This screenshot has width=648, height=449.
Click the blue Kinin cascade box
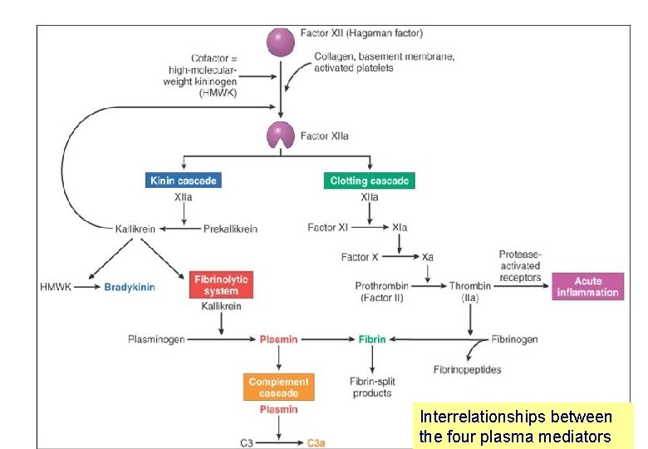point(184,180)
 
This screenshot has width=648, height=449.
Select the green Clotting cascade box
point(369,180)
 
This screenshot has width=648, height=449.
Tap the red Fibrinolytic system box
point(220,285)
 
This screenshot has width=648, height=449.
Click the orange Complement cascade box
point(278,387)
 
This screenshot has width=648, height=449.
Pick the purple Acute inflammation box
point(587,286)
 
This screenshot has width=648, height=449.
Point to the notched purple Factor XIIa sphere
point(280,136)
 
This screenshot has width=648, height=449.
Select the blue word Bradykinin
point(130,288)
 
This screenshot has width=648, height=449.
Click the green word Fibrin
point(371,339)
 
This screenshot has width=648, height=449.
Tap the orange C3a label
point(316,443)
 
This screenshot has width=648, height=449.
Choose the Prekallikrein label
point(230,229)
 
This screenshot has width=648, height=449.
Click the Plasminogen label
point(156,339)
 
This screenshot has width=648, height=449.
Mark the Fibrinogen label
point(514,339)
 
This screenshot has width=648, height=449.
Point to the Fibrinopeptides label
point(467,369)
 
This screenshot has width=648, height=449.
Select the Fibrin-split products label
point(371,387)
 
